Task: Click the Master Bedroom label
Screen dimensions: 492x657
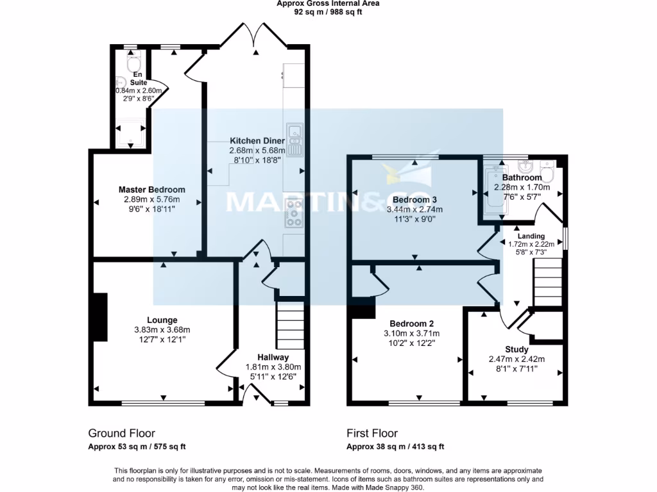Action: (151, 190)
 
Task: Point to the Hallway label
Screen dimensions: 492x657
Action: (273, 357)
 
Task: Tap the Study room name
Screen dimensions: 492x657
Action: (516, 349)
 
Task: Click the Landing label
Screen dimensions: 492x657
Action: (531, 236)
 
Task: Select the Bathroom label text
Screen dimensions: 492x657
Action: (522, 177)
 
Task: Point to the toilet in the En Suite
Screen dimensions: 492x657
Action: (134, 64)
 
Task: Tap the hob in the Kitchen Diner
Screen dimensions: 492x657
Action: (294, 213)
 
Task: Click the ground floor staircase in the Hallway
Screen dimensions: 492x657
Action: (290, 325)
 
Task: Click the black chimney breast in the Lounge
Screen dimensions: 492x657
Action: (100, 316)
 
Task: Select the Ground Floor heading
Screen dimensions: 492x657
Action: (121, 434)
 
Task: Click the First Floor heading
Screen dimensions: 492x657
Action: (372, 434)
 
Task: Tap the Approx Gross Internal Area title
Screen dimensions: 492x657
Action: (328, 3)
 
